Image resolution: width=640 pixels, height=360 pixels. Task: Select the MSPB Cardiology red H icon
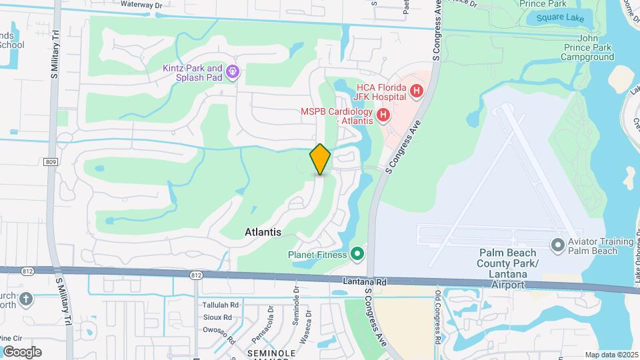coord(383,115)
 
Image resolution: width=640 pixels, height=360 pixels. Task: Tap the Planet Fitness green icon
coord(357,254)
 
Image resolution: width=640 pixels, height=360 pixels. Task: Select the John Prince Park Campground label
coord(587,48)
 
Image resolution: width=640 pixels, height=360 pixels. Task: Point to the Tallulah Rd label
coord(220,305)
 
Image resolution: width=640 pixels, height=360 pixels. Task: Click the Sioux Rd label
coord(217,317)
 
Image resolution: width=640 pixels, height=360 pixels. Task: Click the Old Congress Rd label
coord(437,318)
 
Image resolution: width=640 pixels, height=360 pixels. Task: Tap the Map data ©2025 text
coord(611,355)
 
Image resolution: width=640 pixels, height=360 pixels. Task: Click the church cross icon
coord(26,298)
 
